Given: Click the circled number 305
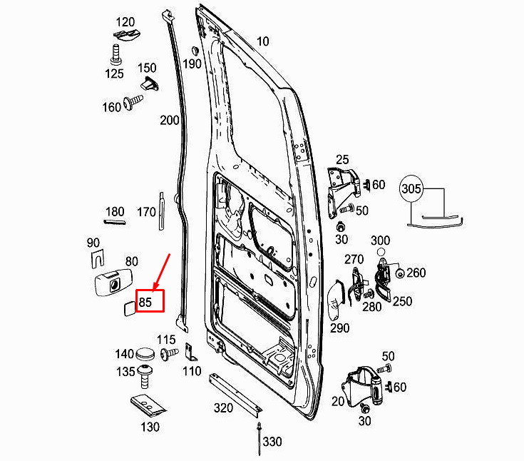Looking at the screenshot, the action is [411, 189].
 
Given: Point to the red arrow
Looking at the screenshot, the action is [162, 272].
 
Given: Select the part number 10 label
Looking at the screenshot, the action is [262, 41].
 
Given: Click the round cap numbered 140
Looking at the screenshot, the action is [145, 353].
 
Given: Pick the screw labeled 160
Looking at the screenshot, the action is [133, 101].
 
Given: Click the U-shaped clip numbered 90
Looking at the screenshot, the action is [97, 259].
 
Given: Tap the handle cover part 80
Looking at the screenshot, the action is [113, 283].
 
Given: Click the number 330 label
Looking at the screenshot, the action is [272, 442].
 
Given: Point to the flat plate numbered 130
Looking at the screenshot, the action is [148, 405].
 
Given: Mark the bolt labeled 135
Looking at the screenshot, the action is [145, 376].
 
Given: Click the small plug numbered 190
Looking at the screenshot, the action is [195, 51].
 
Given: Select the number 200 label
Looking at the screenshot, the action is [170, 120].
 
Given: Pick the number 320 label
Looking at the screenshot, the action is [223, 407].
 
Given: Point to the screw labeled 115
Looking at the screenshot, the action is [169, 354].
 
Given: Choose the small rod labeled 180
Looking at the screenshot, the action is [115, 221].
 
